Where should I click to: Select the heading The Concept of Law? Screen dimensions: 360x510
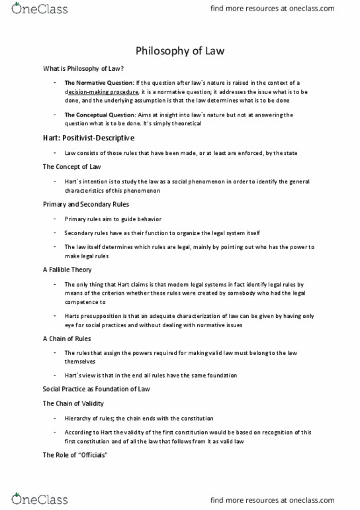pyautogui.click(x=73, y=168)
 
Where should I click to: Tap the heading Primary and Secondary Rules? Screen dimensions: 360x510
pyautogui.click(x=86, y=205)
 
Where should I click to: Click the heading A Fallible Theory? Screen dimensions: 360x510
pyautogui.click(x=67, y=270)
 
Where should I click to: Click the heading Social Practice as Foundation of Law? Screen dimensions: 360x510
pyautogui.click(x=96, y=389)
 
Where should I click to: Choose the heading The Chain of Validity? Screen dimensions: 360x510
pyautogui.click(x=73, y=403)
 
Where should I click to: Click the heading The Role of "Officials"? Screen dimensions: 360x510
pyautogui.click(x=75, y=455)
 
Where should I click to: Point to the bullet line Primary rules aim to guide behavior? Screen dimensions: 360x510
pyautogui.click(x=112, y=219)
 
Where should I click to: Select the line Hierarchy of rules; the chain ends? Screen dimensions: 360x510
pyautogui.click(x=139, y=418)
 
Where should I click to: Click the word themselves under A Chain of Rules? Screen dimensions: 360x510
pyautogui.click(x=80, y=362)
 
